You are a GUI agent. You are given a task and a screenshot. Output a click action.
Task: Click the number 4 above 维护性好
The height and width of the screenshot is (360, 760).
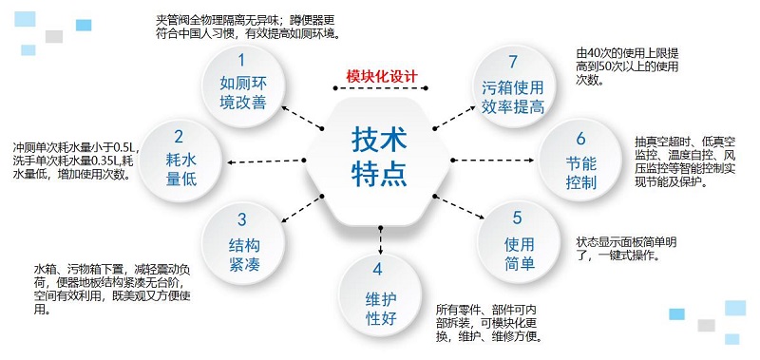click(379, 268)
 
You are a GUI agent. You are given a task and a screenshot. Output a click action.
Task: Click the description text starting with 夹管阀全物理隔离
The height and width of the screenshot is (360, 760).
click(249, 27)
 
